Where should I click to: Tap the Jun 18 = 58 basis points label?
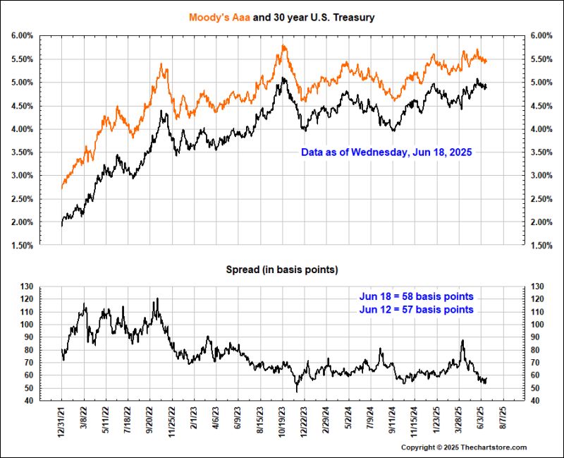[416, 296]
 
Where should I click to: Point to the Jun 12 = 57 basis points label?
[416, 309]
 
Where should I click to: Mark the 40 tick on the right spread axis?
[537, 401]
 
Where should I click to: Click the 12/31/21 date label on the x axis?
[63, 422]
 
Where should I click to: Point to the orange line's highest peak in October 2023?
[283, 46]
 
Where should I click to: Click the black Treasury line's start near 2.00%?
[62, 224]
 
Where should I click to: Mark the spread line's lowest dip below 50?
[297, 390]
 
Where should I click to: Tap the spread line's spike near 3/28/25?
[462, 341]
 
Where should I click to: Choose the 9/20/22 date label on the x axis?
[151, 422]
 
